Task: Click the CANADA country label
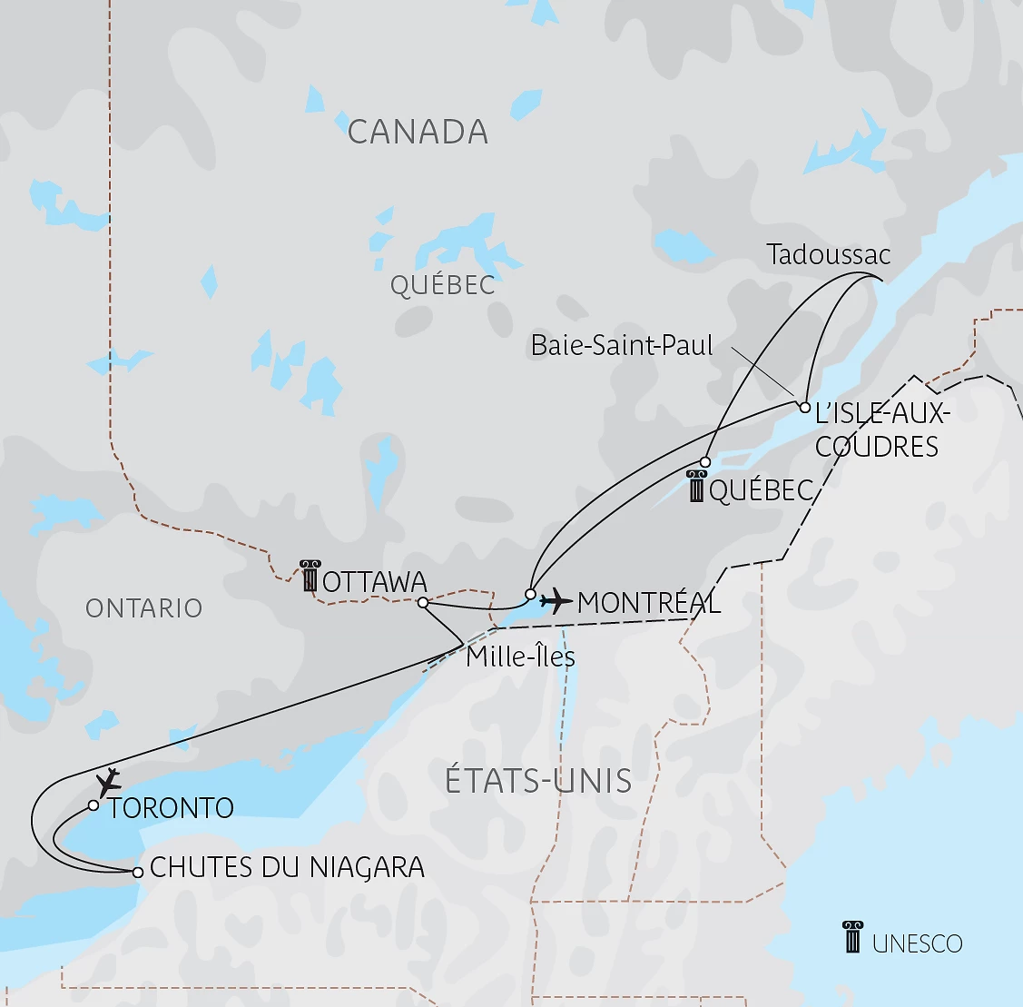pos(418,133)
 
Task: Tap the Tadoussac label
pos(828,255)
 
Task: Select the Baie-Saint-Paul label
pos(623,345)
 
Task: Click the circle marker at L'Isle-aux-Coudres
pos(804,407)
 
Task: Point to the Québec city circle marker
pos(705,462)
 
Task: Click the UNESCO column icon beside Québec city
pos(696,488)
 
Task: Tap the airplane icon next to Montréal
pos(555,600)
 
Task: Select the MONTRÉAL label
pos(648,603)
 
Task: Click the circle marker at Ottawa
pos(423,602)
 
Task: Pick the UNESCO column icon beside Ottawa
pos(310,577)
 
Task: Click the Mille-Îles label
pos(520,656)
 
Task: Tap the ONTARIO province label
pos(143,608)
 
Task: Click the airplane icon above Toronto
pos(109,781)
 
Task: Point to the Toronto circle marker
pos(93,805)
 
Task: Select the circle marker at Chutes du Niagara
pos(137,872)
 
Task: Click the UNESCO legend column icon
pos(852,937)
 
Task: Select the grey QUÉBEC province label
pos(442,285)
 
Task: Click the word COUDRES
pos(876,447)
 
